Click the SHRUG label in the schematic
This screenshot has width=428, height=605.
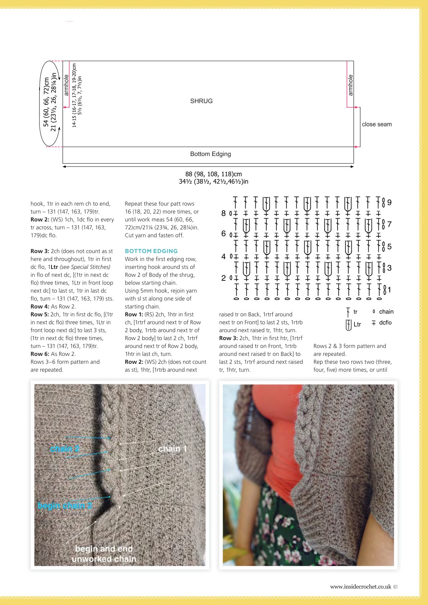(201, 101)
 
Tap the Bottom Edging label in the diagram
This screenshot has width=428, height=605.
(210, 154)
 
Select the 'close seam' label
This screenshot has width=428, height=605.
(377, 124)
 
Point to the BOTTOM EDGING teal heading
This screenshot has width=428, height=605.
(151, 251)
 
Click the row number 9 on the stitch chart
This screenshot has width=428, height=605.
(390, 202)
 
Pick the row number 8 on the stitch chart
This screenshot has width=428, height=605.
(223, 214)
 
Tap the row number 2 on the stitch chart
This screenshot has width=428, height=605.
(223, 278)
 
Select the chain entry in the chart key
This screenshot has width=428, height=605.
(383, 312)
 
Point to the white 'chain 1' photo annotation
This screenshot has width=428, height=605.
(173, 449)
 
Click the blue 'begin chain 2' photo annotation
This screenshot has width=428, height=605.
(65, 505)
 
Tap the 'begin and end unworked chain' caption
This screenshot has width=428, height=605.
(104, 554)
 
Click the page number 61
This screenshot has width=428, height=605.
(396, 587)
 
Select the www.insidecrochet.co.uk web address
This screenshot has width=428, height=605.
(360, 587)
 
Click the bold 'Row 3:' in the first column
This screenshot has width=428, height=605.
(40, 251)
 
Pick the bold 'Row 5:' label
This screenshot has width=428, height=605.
(40, 315)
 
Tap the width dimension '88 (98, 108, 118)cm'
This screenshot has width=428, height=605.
(213, 174)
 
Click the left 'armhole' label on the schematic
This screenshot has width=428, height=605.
(66, 85)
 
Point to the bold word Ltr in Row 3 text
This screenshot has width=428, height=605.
(54, 267)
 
